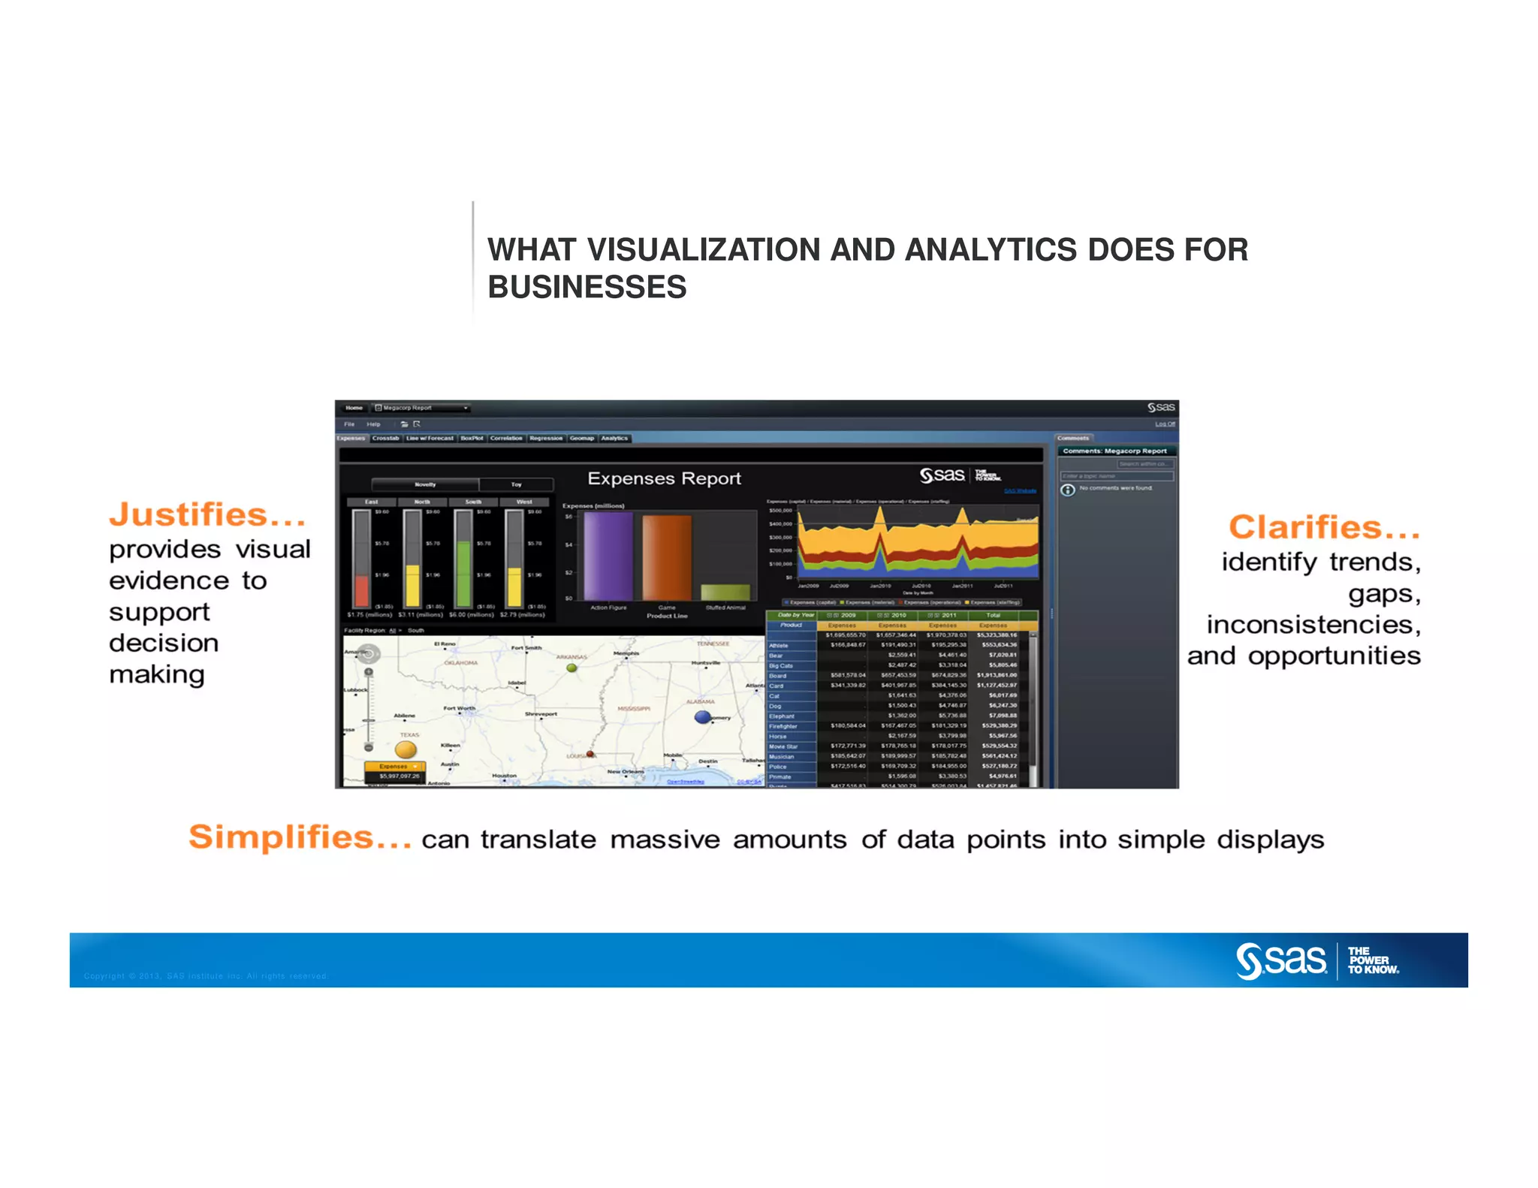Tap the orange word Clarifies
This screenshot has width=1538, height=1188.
(x=1323, y=528)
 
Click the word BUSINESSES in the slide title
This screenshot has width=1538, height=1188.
(x=587, y=288)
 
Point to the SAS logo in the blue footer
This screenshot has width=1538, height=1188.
(x=1281, y=960)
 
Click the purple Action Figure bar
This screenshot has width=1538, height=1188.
(x=608, y=556)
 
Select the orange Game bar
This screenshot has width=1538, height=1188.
(x=666, y=557)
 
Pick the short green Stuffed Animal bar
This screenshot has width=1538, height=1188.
(x=725, y=592)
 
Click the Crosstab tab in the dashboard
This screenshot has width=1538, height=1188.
(x=385, y=439)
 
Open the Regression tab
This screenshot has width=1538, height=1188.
(x=545, y=439)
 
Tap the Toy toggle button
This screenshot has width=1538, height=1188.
(x=516, y=484)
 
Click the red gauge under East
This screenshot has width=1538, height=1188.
(x=362, y=590)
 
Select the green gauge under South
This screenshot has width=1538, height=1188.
(x=463, y=573)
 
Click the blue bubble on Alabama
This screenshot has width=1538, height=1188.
(x=702, y=716)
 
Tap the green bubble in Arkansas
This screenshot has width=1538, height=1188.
(x=571, y=668)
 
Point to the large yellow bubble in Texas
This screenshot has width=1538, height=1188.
(x=406, y=749)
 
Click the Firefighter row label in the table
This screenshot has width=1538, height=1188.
(x=783, y=726)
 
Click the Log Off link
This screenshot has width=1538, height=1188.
(x=1165, y=424)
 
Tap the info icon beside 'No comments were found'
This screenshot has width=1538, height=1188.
(x=1067, y=490)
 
